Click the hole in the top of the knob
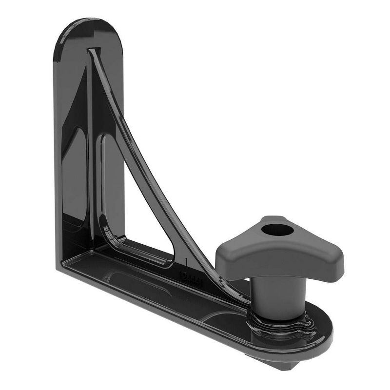pyautogui.click(x=276, y=230)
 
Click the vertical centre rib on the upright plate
pyautogui.click(x=91, y=146)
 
